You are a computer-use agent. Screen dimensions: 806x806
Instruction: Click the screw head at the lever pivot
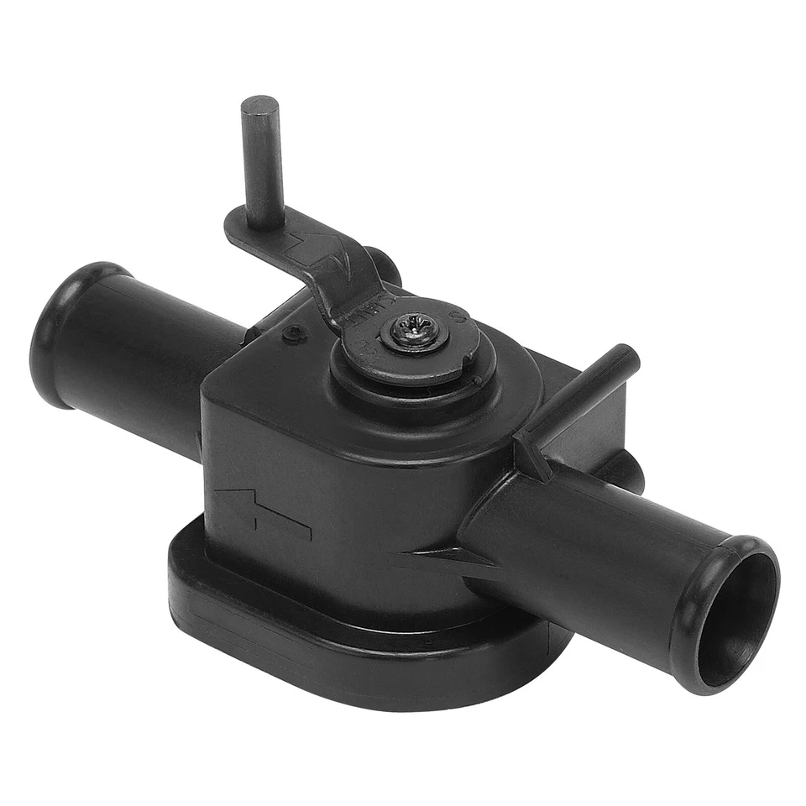tap(414, 328)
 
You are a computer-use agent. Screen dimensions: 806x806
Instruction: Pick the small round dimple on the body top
tap(292, 334)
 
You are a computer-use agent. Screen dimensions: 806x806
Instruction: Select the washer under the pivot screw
tap(415, 340)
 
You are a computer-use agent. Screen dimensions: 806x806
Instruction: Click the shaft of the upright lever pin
tap(262, 168)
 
